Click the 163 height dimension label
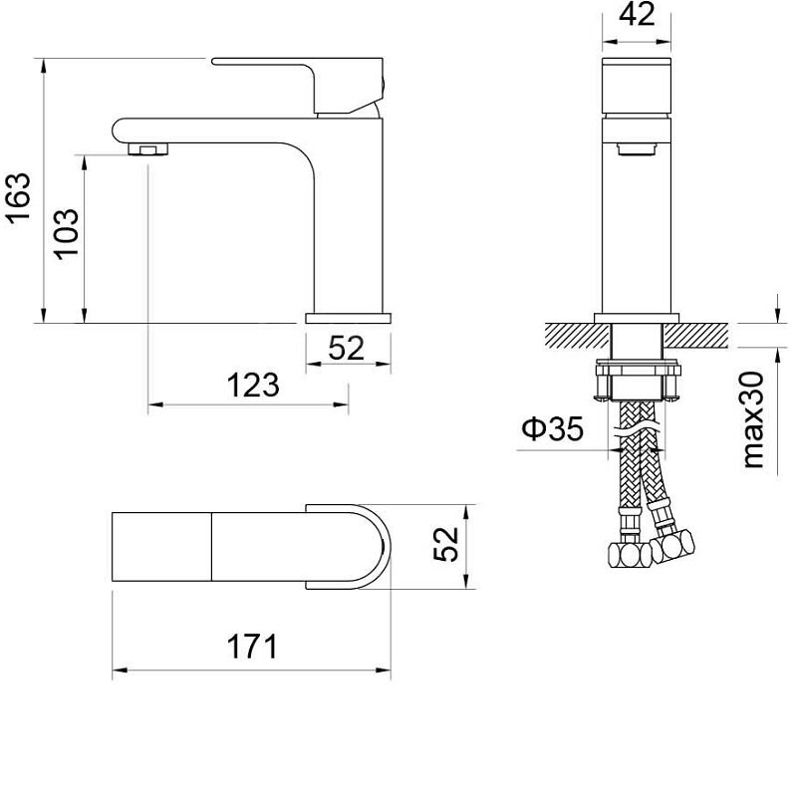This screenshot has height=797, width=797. (18, 198)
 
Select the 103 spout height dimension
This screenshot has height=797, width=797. (67, 234)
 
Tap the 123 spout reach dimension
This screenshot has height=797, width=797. (253, 386)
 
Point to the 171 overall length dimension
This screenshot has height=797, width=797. (253, 647)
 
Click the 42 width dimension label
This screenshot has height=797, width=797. (637, 14)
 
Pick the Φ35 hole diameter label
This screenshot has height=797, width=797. (553, 428)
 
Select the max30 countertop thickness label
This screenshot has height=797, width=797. (753, 419)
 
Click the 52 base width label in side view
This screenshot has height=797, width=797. (346, 348)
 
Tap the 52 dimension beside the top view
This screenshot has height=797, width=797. (445, 544)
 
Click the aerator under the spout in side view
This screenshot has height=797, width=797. (147, 148)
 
